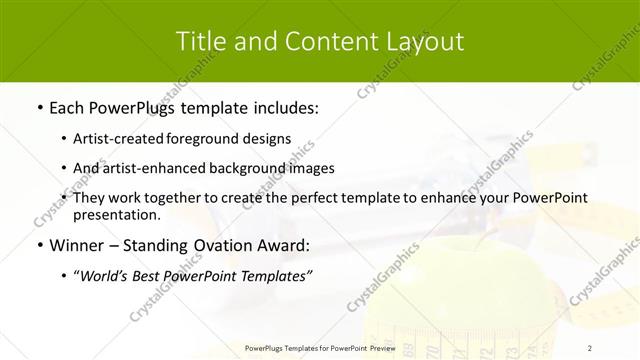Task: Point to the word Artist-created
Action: pos(121,139)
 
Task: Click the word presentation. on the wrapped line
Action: pos(117,215)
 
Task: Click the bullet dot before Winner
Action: pos(39,246)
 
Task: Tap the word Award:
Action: pos(284,246)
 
